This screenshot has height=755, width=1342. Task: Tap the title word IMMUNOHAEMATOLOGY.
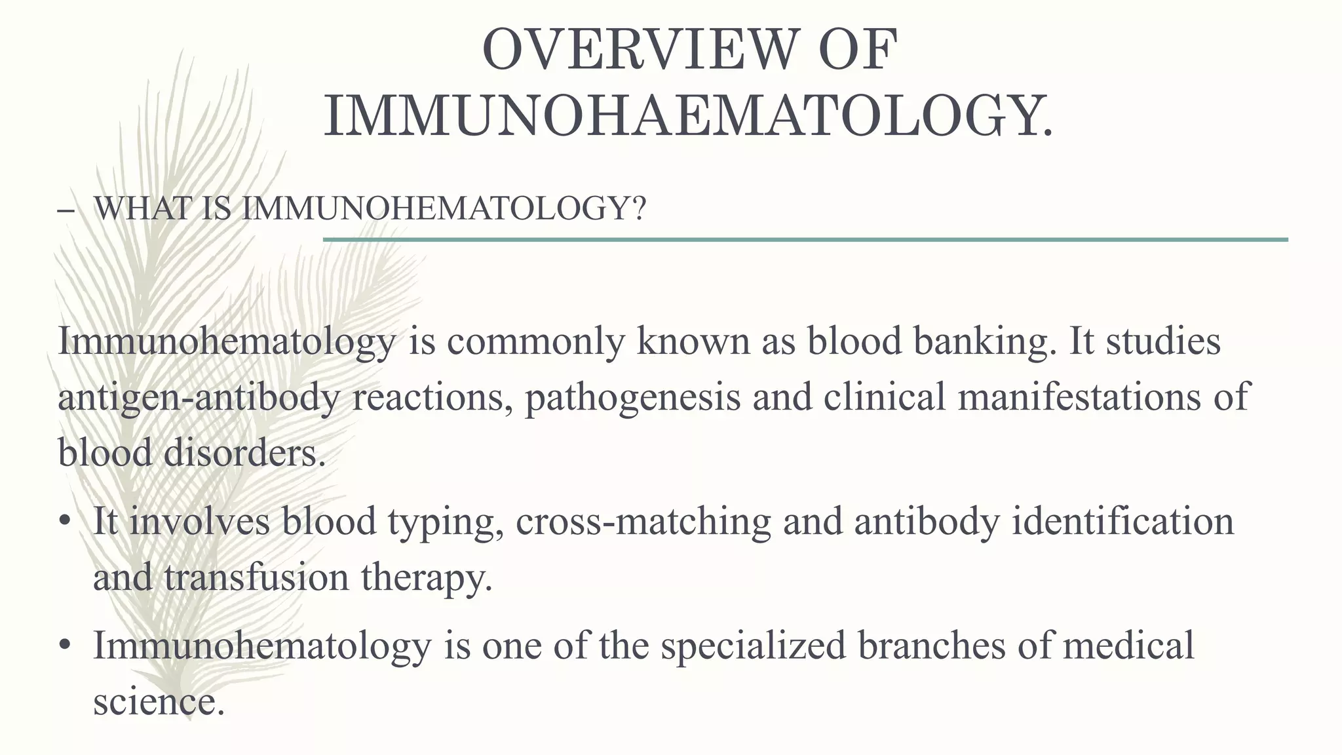click(x=689, y=117)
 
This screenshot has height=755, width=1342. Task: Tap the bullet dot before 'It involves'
click(x=64, y=522)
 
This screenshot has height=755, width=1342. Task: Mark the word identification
click(x=1122, y=522)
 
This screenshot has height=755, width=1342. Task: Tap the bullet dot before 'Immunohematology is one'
click(x=64, y=646)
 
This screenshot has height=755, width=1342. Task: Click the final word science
click(x=154, y=701)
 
